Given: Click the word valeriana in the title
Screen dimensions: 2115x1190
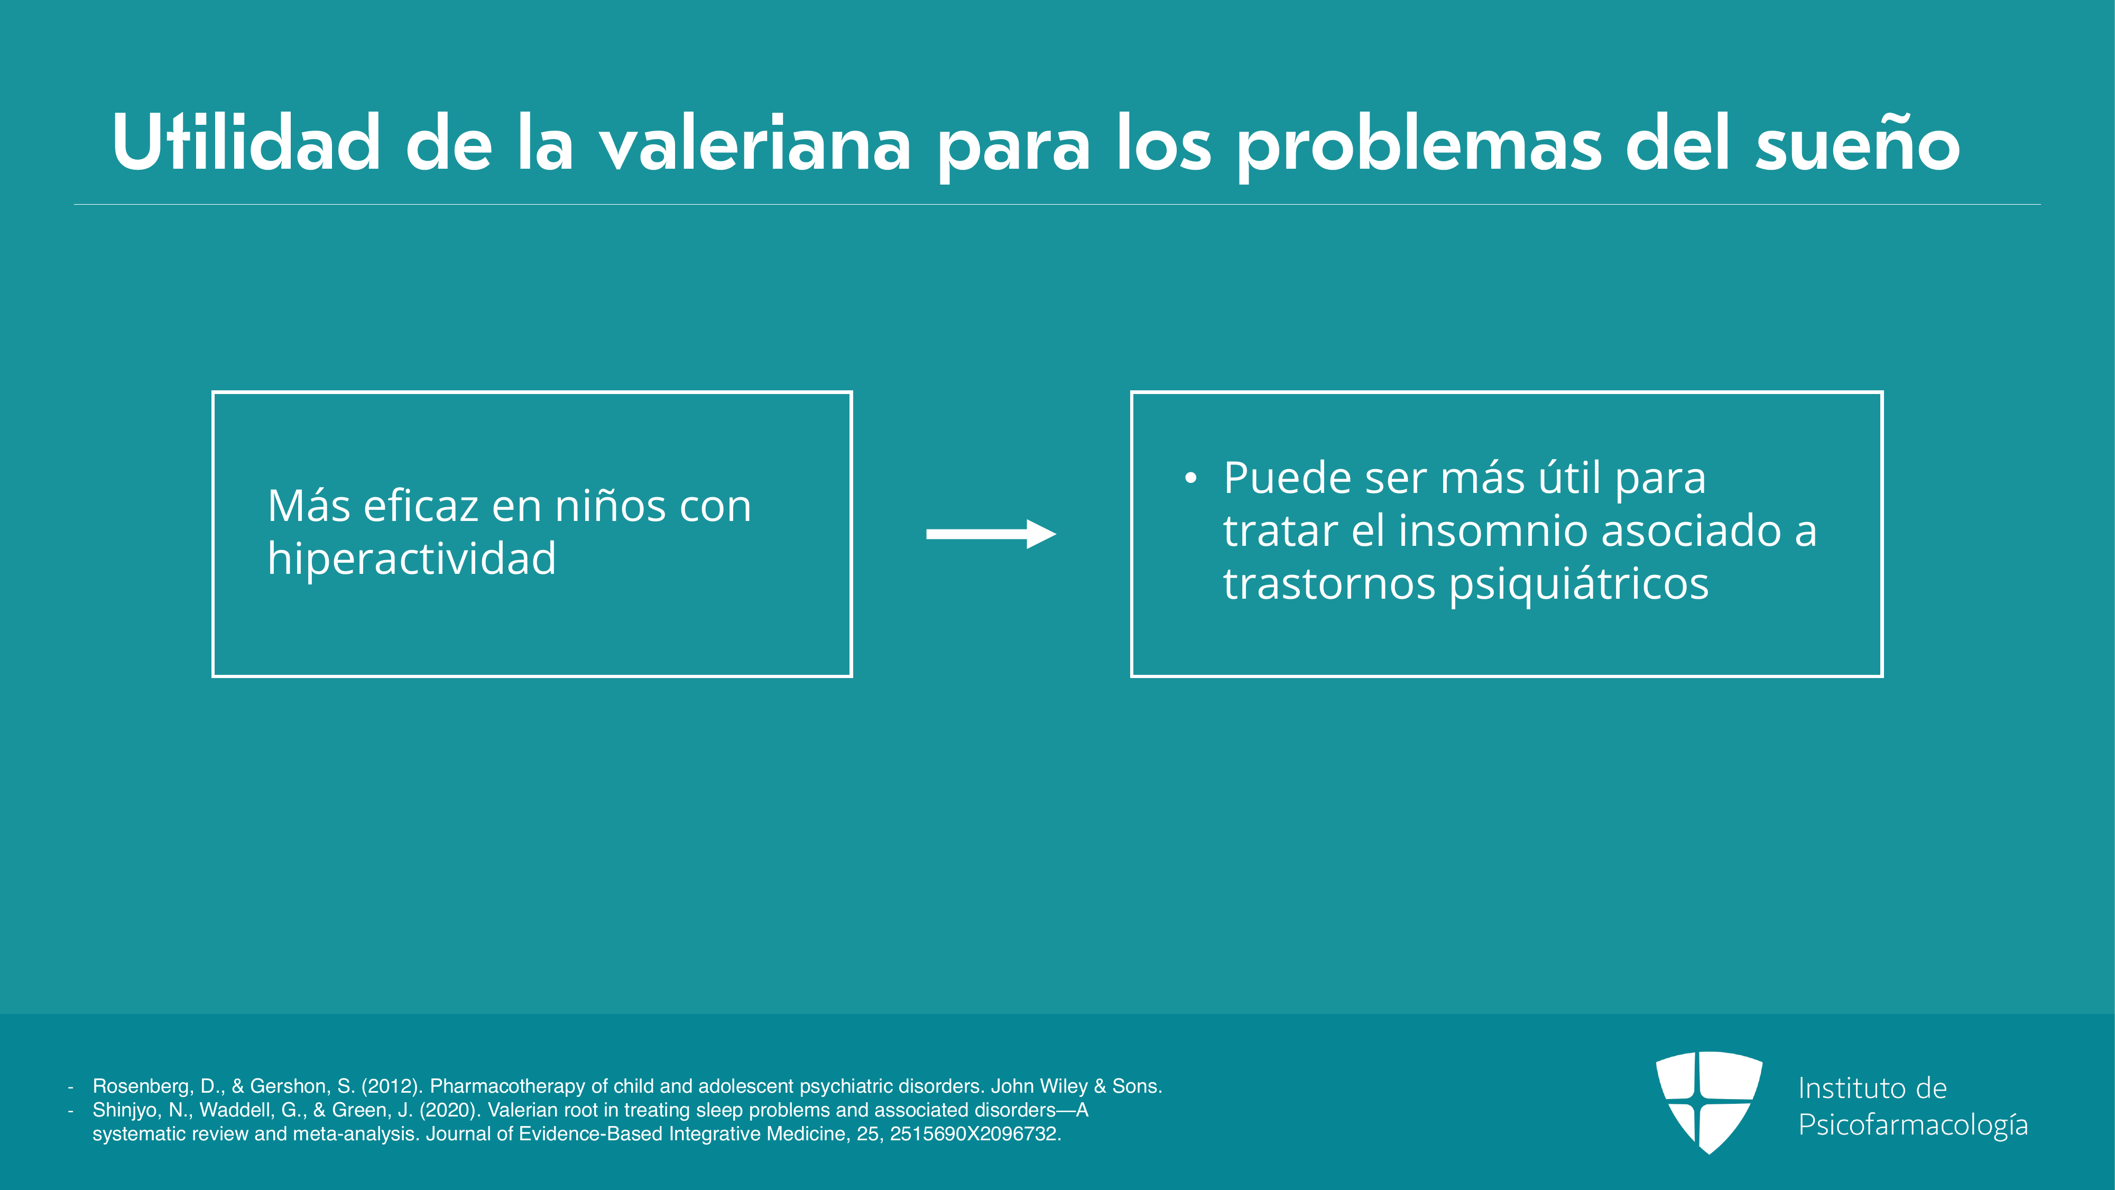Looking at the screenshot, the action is [x=754, y=144].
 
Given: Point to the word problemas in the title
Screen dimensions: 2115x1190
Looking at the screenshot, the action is [x=1419, y=148].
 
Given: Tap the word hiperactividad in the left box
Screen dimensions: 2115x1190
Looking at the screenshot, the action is [x=411, y=559].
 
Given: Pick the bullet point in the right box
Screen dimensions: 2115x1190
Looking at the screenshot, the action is [x=1190, y=479].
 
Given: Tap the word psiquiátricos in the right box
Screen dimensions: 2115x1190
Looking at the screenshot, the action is [x=1579, y=585].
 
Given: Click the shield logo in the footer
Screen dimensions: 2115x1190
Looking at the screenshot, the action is [x=1708, y=1101].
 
